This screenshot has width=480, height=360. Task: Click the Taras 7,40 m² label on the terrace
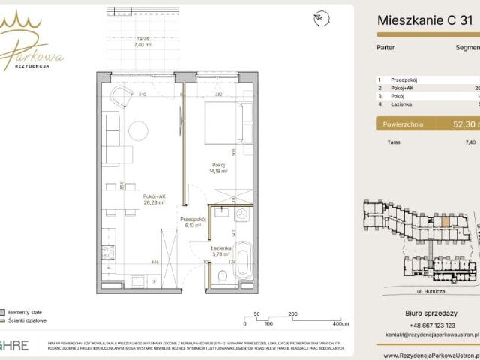[143, 41]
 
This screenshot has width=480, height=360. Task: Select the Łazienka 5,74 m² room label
[220, 251]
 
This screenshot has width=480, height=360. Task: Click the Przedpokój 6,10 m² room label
[193, 222]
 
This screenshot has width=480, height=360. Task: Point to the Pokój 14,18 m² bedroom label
[218, 168]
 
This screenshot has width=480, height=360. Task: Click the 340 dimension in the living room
[141, 95]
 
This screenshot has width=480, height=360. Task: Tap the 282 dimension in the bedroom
[218, 95]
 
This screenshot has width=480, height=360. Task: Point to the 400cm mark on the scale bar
[340, 324]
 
